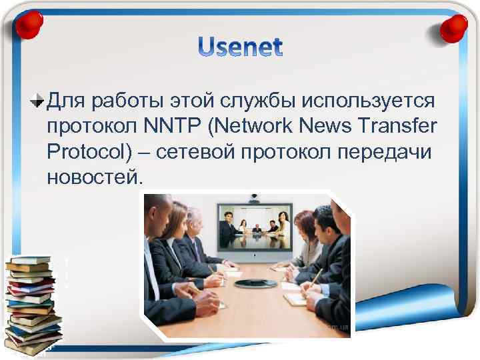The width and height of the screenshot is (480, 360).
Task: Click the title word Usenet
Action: pyautogui.click(x=240, y=47)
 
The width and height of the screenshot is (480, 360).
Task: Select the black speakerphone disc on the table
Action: pyautogui.click(x=253, y=283)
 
